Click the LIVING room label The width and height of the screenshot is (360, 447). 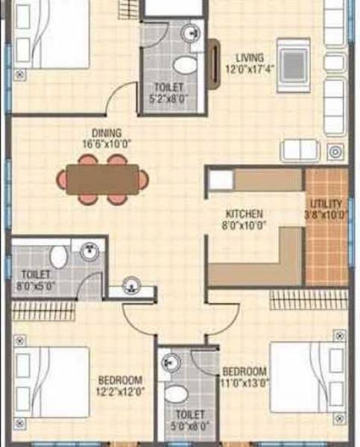[248, 57]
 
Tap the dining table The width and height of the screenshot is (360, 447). [102, 180]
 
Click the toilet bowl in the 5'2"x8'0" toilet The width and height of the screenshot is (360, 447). [184, 64]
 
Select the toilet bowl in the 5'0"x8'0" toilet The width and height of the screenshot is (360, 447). [176, 394]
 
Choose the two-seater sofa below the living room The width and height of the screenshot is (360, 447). [300, 150]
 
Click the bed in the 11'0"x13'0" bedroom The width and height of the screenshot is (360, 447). [301, 376]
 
